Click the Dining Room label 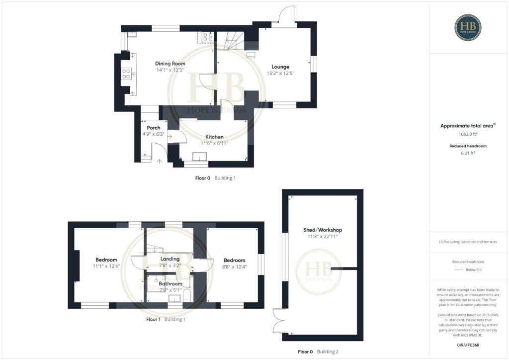170,64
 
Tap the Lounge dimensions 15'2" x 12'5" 280,74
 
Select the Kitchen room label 215,137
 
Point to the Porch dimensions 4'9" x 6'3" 153,134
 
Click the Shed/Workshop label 323,230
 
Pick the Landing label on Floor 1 170,259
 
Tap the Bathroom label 170,284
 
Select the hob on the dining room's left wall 126,74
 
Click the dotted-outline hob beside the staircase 207,36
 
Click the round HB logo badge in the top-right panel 468,27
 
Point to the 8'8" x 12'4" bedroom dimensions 234,267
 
